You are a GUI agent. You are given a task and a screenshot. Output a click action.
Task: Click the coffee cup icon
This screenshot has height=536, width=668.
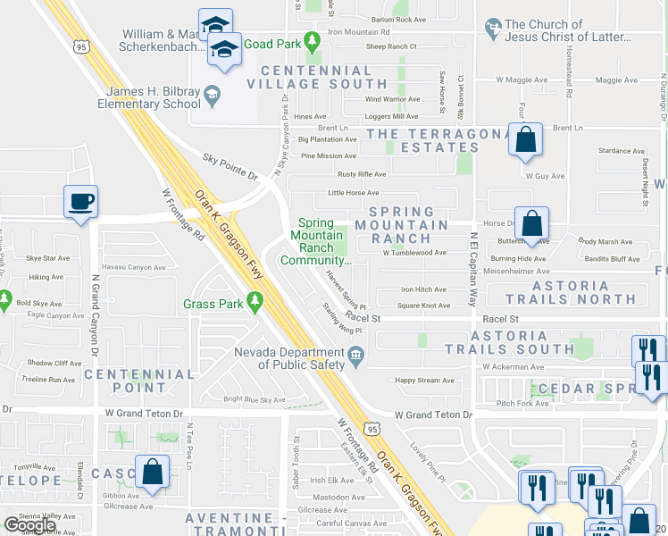point(81,201)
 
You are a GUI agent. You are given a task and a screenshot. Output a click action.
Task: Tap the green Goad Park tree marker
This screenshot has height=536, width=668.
point(312,41)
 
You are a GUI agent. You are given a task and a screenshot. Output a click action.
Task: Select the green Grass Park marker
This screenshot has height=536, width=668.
point(256,305)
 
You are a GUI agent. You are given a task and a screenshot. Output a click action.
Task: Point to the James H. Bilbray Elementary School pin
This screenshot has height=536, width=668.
point(212,92)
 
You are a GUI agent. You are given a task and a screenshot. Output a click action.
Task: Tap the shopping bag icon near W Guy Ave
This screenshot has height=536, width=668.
point(526,140)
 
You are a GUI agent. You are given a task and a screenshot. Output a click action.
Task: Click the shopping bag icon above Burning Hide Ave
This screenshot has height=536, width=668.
point(531,224)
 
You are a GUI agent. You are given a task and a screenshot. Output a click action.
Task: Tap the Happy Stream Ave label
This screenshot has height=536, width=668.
point(424,381)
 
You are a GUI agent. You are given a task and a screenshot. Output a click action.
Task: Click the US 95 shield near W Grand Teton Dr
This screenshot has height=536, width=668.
point(373,430)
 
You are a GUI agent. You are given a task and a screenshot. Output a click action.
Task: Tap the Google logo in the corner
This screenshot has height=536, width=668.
point(29,525)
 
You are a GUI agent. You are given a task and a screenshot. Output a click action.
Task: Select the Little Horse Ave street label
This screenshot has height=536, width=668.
point(354,192)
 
